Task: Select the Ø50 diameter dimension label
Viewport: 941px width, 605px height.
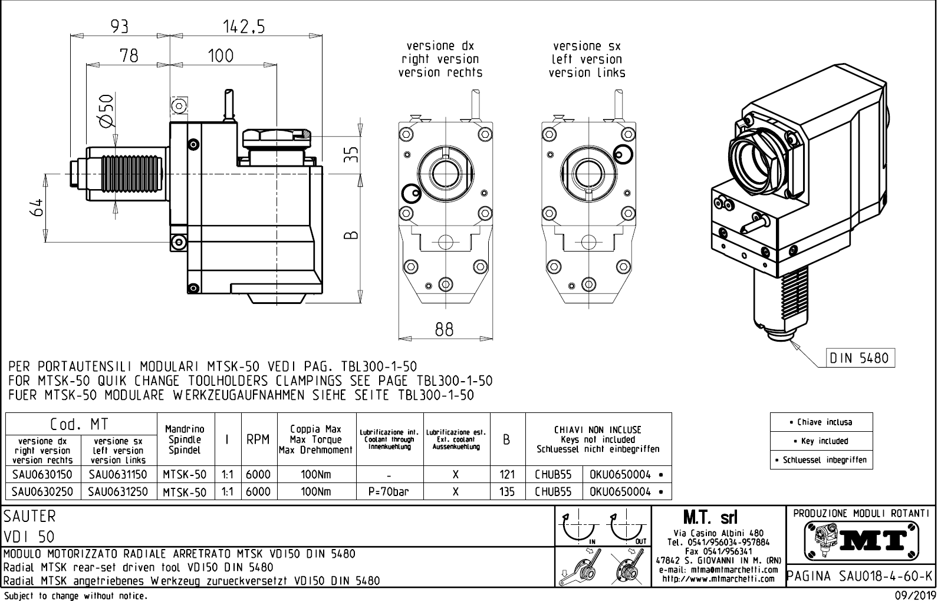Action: click(106, 110)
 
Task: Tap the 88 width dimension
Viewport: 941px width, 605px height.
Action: click(444, 330)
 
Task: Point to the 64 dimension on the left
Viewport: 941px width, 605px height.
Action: click(38, 207)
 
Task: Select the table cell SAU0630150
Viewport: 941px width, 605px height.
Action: click(42, 475)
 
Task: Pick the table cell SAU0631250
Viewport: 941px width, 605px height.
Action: click(118, 491)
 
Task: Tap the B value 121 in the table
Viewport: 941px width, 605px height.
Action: click(506, 475)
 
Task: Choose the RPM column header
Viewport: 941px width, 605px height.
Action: click(258, 439)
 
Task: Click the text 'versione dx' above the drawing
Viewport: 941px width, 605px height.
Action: click(440, 46)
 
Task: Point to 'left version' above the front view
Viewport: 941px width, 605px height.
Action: click(587, 59)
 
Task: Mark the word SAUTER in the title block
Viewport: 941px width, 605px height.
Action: click(30, 517)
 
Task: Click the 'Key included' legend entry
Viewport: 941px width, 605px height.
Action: click(821, 441)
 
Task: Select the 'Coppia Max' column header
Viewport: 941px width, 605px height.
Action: click(315, 429)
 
